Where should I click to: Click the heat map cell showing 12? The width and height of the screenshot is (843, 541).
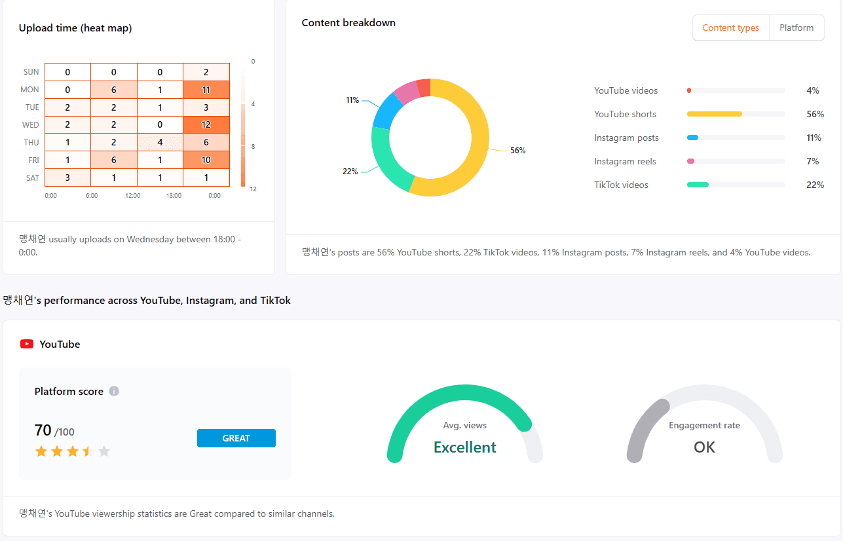point(206,125)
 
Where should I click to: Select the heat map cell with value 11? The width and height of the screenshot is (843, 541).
point(206,90)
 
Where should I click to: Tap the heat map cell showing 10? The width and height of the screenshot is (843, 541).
point(206,160)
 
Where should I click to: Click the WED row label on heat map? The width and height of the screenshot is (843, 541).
point(31,125)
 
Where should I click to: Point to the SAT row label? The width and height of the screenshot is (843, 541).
point(32,178)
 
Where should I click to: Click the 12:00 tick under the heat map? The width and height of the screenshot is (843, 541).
point(132,196)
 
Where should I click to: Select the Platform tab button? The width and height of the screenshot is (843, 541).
point(796,28)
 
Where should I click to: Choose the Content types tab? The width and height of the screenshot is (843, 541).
point(730,28)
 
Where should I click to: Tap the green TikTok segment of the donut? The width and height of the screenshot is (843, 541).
point(386,160)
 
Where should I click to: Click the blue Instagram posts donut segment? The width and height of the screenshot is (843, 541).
point(387,110)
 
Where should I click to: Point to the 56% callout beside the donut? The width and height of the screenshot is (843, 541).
point(517,151)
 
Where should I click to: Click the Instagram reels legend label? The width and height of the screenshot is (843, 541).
point(625,162)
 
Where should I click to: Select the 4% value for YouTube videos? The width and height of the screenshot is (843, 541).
point(813,91)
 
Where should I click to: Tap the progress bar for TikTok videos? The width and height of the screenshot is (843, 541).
point(735,185)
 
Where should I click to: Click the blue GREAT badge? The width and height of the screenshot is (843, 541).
point(236,438)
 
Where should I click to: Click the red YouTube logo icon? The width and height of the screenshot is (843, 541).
point(27,345)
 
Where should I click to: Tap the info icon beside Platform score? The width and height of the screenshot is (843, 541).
point(114,392)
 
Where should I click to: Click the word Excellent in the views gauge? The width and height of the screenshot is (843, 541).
point(464,447)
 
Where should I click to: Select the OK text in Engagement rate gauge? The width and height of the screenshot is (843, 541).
point(704,447)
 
